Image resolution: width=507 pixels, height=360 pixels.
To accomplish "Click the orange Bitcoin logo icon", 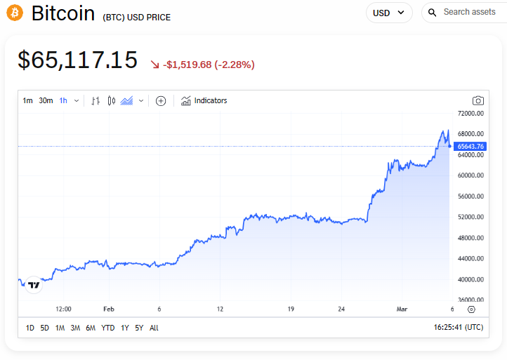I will [14, 13].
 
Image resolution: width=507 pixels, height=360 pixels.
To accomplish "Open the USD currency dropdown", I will [389, 13].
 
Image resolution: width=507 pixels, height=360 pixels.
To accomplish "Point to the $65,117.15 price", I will [77, 60].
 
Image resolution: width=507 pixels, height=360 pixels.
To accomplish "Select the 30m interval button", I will [46, 100].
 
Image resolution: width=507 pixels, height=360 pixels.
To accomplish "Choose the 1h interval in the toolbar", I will [63, 100].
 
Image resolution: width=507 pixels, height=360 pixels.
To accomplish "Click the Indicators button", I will [204, 100].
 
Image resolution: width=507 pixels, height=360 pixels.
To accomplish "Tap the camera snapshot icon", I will [478, 100].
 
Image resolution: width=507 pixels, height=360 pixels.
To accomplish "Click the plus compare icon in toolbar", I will [161, 100].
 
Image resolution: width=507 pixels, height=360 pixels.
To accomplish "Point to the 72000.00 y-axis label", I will [470, 113].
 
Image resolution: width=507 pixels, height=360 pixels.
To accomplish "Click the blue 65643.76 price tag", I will [470, 146].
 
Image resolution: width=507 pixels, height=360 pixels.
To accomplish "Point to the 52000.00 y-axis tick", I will [470, 217].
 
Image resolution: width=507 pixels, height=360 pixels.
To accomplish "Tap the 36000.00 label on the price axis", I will [470, 300].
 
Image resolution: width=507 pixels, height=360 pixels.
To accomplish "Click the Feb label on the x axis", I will [108, 309].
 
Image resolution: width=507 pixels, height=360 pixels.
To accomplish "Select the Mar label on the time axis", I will [402, 309].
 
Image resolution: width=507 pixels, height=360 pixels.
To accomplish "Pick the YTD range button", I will [107, 328].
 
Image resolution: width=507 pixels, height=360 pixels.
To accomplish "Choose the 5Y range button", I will [139, 328].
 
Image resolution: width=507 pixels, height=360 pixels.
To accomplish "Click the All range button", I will [154, 328].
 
